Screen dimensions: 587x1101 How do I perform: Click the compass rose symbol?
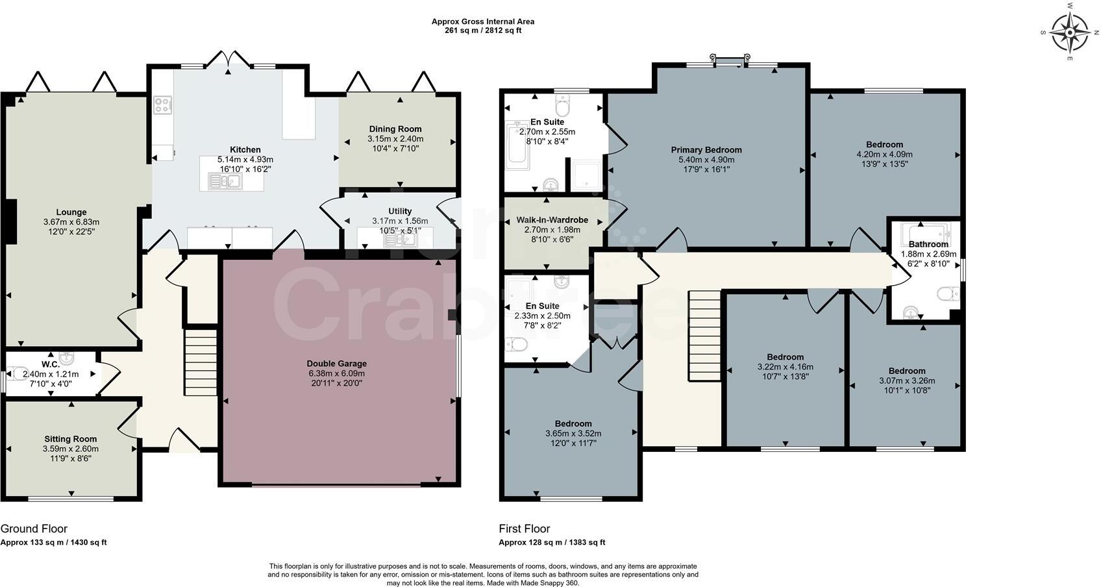[1070, 32]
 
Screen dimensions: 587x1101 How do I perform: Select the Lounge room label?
[71, 212]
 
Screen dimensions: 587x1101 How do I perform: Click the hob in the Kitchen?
[162, 105]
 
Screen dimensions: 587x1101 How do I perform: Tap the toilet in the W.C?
[16, 373]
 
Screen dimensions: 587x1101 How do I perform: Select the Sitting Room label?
[71, 439]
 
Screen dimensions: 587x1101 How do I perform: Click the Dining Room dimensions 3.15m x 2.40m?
[395, 139]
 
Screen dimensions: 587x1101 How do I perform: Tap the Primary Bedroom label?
[706, 150]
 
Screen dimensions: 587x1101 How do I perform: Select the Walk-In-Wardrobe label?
[549, 220]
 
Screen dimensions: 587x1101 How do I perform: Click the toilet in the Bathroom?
[948, 295]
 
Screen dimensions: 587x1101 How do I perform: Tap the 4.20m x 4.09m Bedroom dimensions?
[884, 155]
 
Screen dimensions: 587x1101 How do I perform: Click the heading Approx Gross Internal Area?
[483, 21]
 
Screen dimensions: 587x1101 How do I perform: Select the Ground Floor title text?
[34, 529]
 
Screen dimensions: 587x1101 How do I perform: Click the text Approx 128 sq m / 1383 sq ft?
[552, 542]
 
